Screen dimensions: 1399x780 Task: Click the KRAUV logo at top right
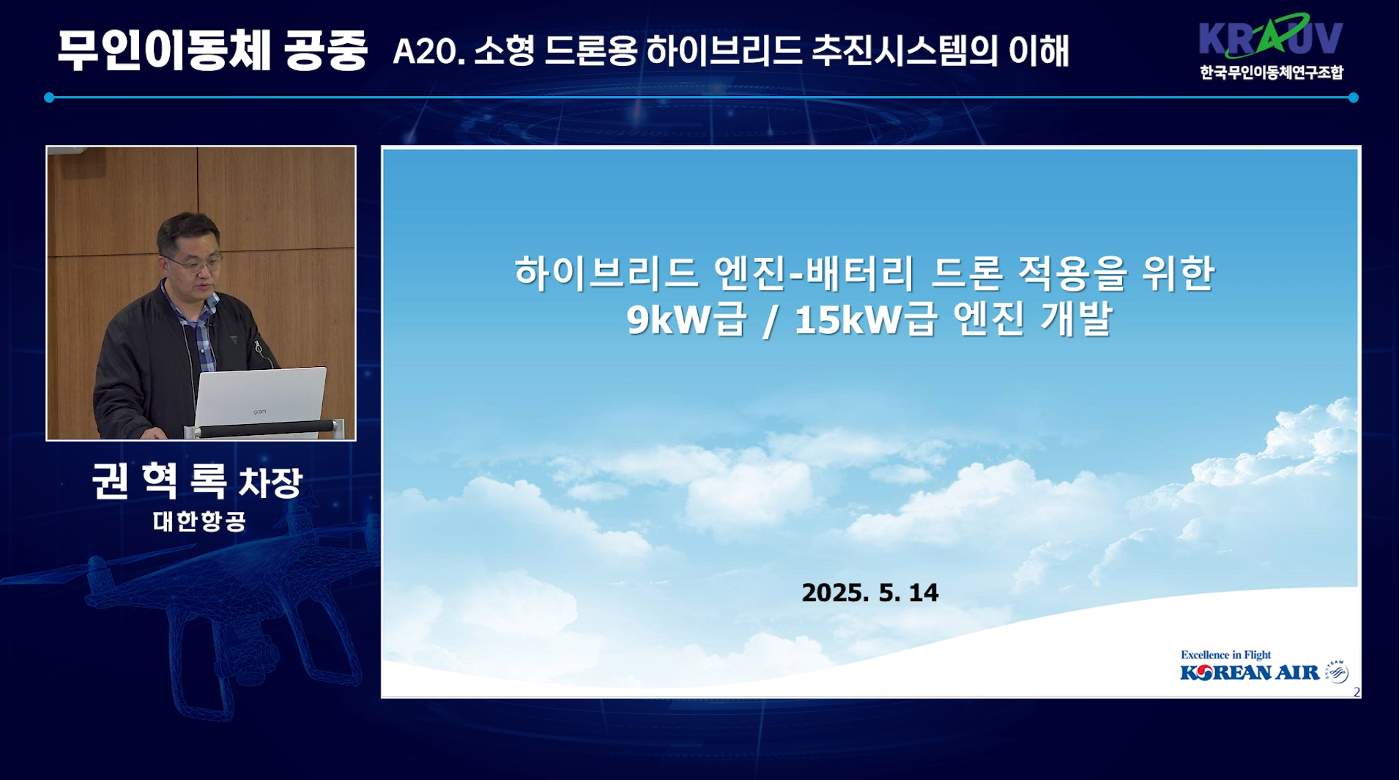coord(1271,36)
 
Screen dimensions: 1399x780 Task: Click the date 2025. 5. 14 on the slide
coord(869,593)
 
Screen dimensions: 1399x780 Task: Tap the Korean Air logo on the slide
coord(1263,672)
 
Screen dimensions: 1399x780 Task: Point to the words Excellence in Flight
coord(1225,655)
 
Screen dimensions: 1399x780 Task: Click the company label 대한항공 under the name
coord(199,521)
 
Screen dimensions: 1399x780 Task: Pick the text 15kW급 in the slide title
coord(865,319)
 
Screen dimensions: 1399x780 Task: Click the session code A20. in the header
coord(429,51)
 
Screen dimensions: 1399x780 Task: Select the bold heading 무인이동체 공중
coord(212,51)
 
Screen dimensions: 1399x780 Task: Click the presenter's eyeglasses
coord(194,263)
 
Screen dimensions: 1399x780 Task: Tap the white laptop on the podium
coord(260,399)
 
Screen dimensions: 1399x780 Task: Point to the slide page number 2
coord(1357,692)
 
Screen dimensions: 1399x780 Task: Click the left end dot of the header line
coord(49,97)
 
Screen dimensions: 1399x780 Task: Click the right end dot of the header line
coord(1353,97)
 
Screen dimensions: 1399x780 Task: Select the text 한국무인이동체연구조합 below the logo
coord(1272,73)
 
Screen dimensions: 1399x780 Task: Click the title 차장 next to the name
coord(270,483)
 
